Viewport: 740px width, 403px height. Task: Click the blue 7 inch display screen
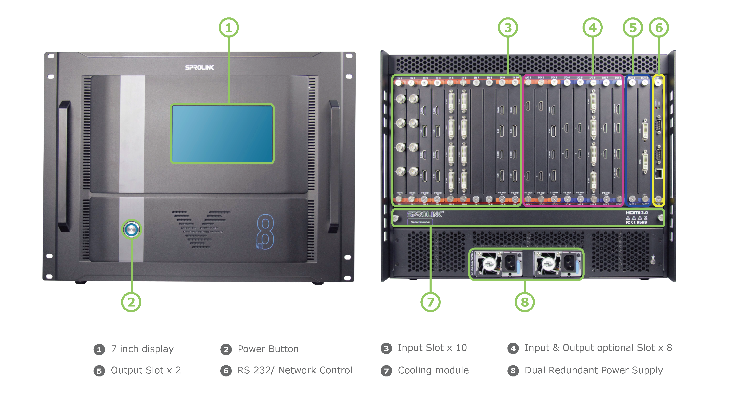click(x=222, y=134)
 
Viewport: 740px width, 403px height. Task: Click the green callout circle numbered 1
click(x=229, y=28)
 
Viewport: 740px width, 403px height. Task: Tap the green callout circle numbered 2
click(x=131, y=302)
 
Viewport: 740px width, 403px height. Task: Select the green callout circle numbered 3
click(x=508, y=28)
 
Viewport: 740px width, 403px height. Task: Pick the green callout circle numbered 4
click(x=592, y=28)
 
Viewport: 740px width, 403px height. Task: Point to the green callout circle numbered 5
click(x=633, y=28)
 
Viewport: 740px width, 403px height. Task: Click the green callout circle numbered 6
click(x=659, y=28)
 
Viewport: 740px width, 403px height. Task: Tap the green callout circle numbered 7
click(x=430, y=302)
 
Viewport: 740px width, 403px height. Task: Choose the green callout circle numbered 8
click(x=525, y=302)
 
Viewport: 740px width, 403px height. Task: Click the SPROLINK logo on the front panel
click(x=199, y=68)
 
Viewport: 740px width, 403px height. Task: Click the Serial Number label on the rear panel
click(x=420, y=222)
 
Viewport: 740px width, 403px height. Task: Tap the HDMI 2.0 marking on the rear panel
click(x=637, y=213)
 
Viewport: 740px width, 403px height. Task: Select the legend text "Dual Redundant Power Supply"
click(x=594, y=370)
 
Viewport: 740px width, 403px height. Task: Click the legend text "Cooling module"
click(x=433, y=370)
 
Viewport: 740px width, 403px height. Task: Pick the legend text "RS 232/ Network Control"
click(x=294, y=370)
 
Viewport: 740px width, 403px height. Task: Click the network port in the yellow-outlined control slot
click(x=658, y=173)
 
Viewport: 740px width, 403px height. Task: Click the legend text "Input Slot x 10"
click(x=432, y=348)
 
